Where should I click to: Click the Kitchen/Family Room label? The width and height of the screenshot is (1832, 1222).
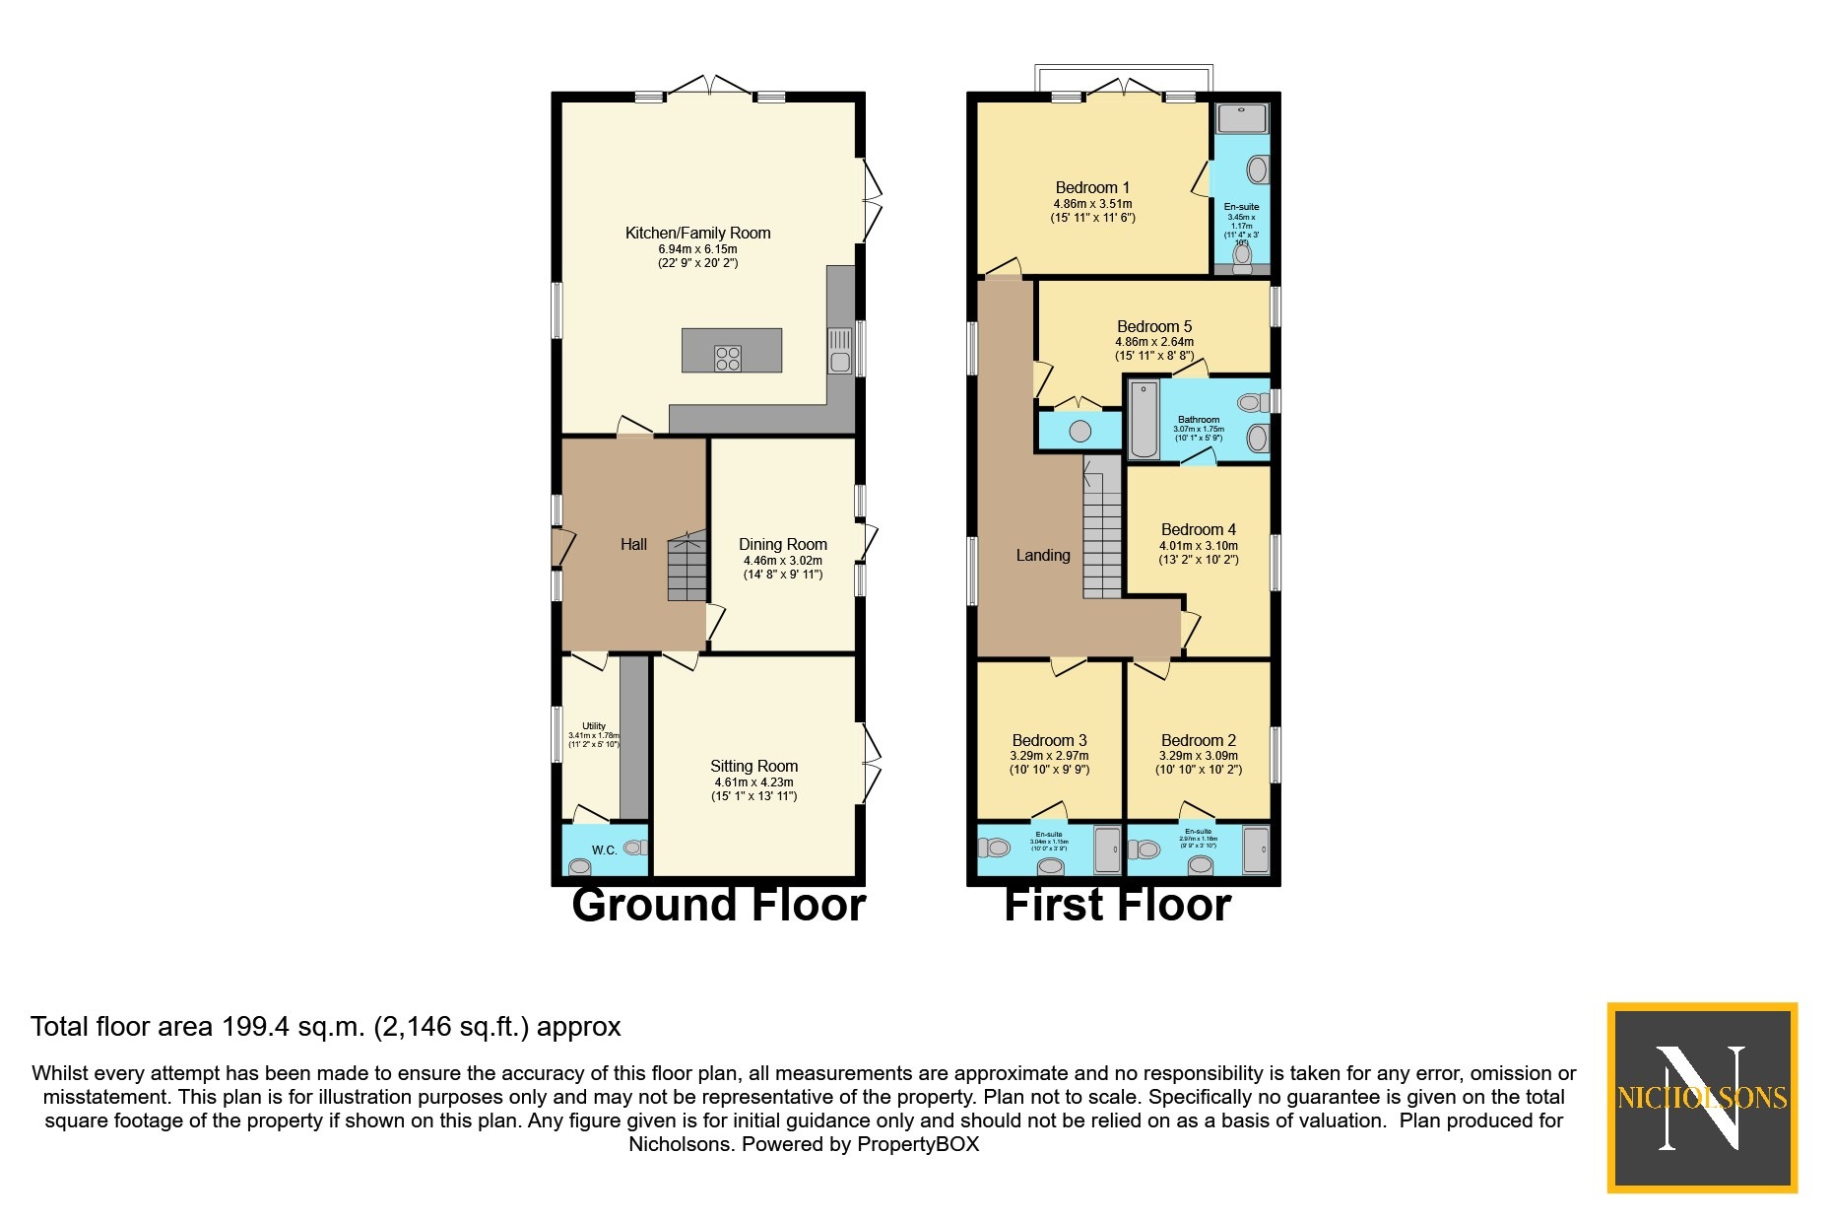tap(697, 233)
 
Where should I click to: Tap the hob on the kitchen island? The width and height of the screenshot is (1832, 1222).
tap(728, 358)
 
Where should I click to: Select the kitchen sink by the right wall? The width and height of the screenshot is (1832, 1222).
tap(839, 350)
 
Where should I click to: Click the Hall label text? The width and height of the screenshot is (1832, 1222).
tap(633, 544)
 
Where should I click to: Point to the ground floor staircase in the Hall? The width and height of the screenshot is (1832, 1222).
tap(687, 569)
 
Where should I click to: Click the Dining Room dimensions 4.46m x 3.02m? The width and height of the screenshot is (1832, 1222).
tap(782, 560)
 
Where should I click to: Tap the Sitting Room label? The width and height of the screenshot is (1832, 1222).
tap(753, 766)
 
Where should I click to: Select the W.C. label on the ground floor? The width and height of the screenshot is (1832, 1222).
tap(604, 849)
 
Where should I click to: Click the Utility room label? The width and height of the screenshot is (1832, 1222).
tap(594, 726)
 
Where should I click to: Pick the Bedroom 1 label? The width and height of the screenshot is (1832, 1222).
tap(1092, 187)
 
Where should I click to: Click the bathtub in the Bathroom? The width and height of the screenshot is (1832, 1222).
tap(1144, 421)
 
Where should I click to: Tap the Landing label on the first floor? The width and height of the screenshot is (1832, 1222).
tap(1042, 555)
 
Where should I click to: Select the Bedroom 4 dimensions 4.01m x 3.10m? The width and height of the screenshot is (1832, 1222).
tap(1198, 545)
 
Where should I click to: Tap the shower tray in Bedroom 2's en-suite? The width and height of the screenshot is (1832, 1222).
tap(1256, 849)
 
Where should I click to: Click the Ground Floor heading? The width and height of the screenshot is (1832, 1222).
tap(718, 905)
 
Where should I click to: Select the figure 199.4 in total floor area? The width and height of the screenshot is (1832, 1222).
tap(255, 1027)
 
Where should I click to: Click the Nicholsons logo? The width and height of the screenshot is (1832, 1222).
tap(1701, 1097)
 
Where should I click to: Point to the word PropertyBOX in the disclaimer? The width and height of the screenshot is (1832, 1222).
tap(918, 1144)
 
